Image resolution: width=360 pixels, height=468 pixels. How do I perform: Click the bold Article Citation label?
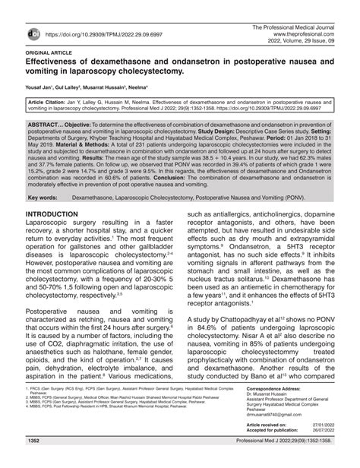(54, 100)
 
